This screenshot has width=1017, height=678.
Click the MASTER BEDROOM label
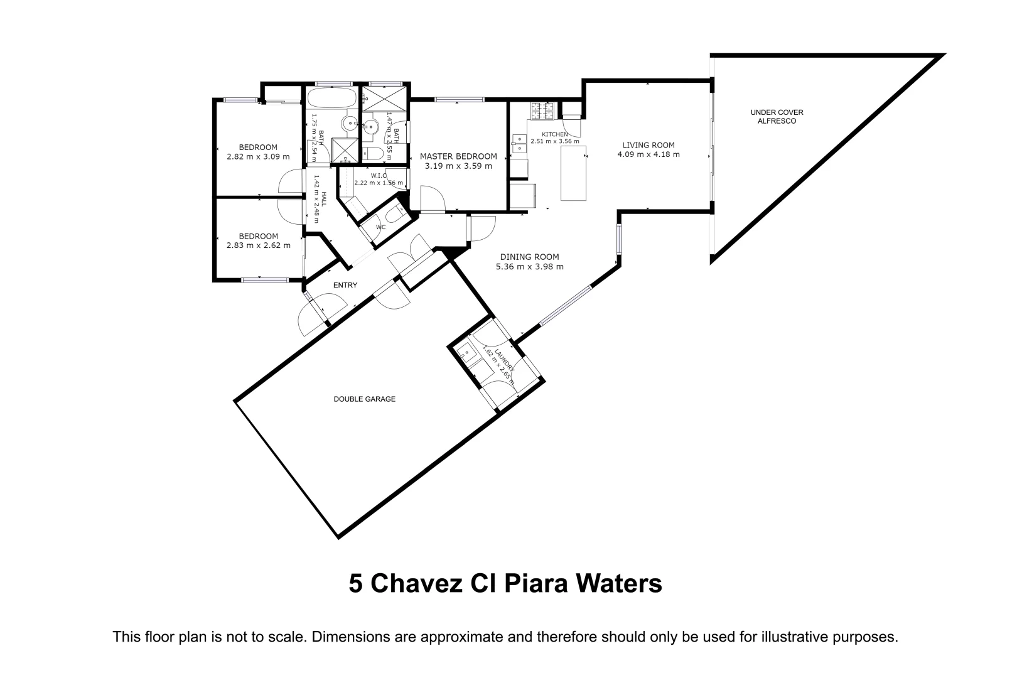(458, 156)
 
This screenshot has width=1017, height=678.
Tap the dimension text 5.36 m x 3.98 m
(529, 266)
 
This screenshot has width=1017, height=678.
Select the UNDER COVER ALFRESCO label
(777, 117)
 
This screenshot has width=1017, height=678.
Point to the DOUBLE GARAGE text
(364, 399)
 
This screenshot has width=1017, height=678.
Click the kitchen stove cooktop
(542, 110)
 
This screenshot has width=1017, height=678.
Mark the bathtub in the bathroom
(331, 99)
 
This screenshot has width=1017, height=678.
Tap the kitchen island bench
(573, 173)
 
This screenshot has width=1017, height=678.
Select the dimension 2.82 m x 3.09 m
(258, 157)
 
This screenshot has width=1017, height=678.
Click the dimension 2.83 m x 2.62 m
(258, 245)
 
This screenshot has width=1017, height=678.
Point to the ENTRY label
(345, 285)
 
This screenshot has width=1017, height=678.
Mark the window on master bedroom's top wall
(460, 99)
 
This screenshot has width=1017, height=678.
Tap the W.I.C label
(379, 175)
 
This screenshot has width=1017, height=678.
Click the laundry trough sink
(465, 350)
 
